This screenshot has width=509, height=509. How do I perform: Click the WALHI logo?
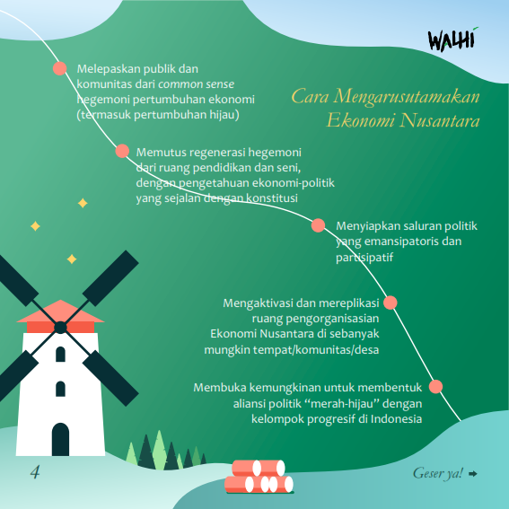(453, 39)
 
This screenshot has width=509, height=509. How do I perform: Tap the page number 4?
(35, 471)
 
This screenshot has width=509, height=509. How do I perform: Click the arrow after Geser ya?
(473, 474)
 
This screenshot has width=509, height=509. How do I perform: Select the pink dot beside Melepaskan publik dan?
(60, 68)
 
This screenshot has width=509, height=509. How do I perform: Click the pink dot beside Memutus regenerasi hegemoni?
(122, 151)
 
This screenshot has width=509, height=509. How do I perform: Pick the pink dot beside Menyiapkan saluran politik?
(318, 225)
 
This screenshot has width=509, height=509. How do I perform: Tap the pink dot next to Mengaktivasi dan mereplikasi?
(391, 303)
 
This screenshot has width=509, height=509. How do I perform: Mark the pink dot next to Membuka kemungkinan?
(435, 387)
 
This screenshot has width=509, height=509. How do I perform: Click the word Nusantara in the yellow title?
(440, 120)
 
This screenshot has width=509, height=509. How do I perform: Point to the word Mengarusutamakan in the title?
(407, 96)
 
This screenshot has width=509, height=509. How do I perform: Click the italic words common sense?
(196, 84)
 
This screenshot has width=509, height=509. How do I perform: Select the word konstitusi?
(272, 197)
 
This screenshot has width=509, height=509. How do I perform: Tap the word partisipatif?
(364, 257)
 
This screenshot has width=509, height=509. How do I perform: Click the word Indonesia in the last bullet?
(397, 418)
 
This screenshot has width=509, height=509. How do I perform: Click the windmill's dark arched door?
(60, 439)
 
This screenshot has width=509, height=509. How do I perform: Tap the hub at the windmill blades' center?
(60, 328)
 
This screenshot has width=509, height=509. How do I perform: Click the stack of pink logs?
(259, 476)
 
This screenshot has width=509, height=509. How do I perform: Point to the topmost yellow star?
(83, 203)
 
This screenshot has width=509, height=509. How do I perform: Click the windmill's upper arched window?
(60, 355)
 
